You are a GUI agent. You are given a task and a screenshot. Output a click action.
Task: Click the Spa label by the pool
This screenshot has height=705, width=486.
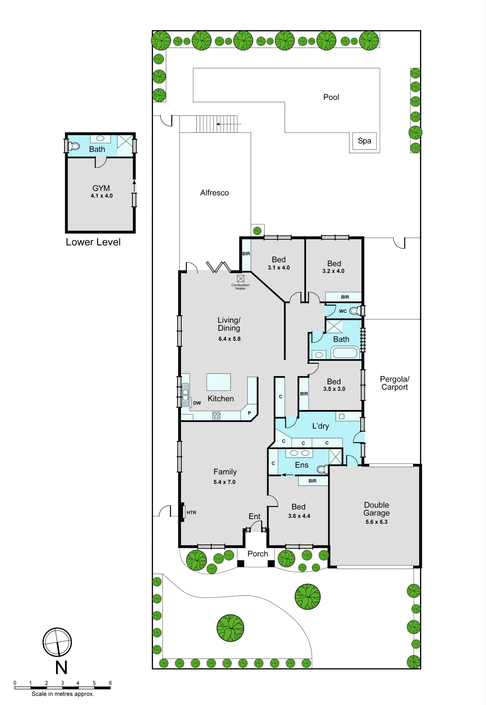(x=364, y=141)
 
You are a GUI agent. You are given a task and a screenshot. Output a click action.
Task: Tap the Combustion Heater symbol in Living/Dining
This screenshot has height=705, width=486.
(x=240, y=278)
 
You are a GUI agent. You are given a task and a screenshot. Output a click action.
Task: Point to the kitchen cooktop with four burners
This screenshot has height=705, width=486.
(x=216, y=415)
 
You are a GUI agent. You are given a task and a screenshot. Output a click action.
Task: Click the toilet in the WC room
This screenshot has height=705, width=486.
(x=354, y=311)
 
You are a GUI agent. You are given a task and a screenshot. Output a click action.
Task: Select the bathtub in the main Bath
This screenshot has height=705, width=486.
(x=345, y=353)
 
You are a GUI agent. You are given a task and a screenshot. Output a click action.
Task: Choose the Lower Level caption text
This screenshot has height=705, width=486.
(x=93, y=242)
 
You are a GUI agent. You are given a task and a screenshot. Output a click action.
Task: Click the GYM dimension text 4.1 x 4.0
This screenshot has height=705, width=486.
(x=102, y=196)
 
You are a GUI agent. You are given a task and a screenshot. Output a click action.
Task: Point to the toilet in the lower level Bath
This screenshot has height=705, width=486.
(x=73, y=147)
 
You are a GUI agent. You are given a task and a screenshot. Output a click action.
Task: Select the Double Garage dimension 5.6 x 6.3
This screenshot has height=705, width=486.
(x=376, y=522)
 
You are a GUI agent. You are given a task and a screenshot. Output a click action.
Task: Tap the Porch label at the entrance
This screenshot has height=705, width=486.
(x=258, y=554)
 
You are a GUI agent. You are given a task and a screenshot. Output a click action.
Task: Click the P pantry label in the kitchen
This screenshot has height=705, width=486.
(x=249, y=413)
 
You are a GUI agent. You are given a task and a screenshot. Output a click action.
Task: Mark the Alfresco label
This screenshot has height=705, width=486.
(x=214, y=193)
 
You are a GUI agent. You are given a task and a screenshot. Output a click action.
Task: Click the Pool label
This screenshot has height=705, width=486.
(x=331, y=97)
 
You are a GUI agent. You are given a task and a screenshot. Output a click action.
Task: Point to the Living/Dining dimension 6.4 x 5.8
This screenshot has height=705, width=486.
(x=229, y=339)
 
